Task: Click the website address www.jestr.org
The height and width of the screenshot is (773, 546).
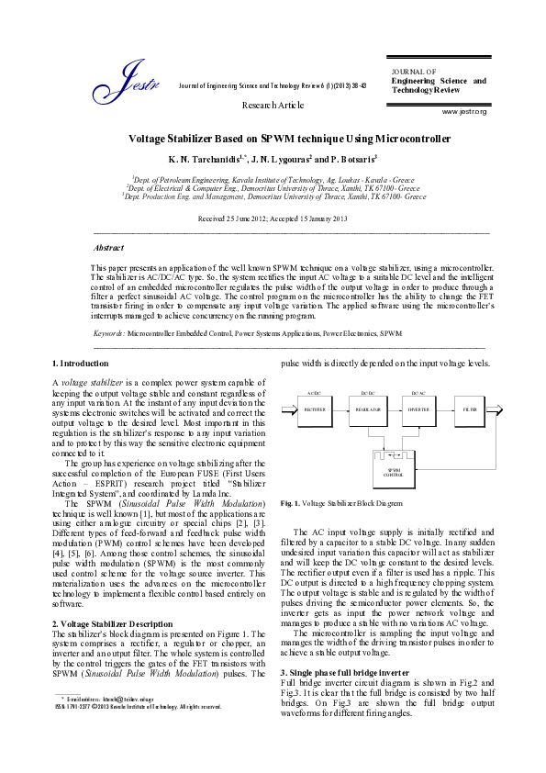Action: (464, 111)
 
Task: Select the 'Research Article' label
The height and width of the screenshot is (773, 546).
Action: (273, 106)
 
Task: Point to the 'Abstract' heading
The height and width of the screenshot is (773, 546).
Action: (109, 248)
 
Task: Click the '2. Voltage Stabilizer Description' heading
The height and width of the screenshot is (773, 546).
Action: (112, 624)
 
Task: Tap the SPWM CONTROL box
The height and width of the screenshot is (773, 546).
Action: (394, 471)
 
